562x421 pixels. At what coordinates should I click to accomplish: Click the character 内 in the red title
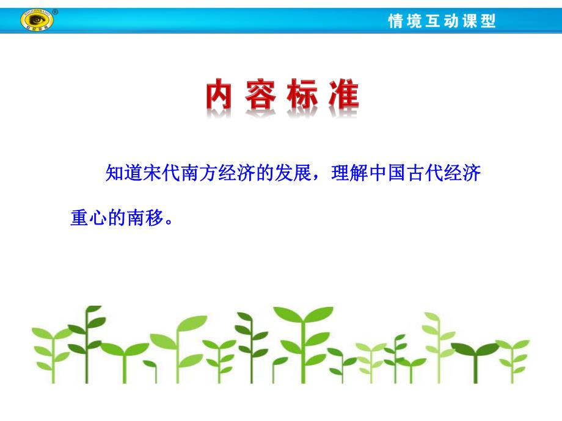pos(219,95)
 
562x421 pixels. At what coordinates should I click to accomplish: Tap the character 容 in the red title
pos(262,95)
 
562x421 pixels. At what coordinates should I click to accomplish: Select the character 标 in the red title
pos(302,95)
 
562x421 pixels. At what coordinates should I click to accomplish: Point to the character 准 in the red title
pos(341,95)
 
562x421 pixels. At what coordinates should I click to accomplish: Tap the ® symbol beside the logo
pos(56,12)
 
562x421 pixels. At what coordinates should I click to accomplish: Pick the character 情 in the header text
pos(396,21)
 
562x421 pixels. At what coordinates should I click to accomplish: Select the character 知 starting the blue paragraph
pos(115,173)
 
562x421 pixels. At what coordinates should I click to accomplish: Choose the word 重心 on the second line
pos(88,218)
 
